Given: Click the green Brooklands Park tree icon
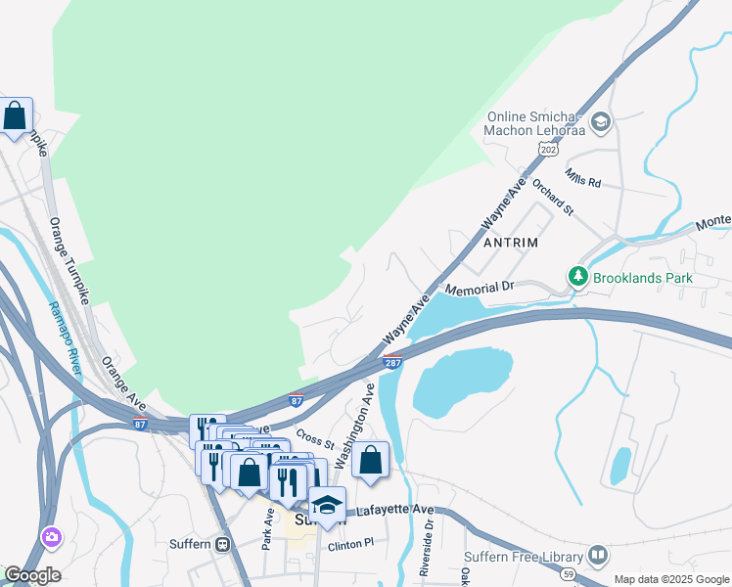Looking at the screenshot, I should coord(578,278).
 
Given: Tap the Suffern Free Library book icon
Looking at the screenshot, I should coord(597,556).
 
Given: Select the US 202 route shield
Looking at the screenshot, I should coord(548,149).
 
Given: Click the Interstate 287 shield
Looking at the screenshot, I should coord(391,363).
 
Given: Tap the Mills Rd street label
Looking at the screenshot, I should coord(582,177).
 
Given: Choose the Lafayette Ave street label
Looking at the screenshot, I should coord(394,510).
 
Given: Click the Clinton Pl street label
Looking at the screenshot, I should coord(351,544).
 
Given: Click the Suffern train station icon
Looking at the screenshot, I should coord(223,544).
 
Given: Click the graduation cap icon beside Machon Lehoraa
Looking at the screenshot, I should coord(600,122).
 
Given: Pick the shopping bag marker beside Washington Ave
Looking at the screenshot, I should coord(371,460).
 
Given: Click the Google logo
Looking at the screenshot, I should coord(31,575).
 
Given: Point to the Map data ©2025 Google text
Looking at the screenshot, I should coord(670,579).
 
